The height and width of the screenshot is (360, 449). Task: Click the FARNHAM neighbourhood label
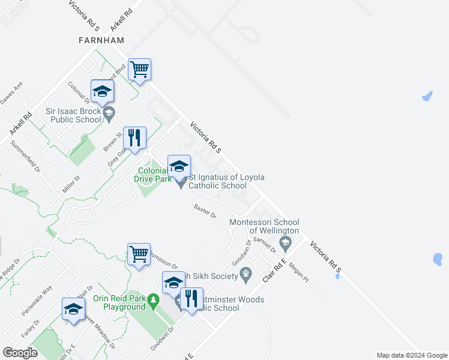click(x=101, y=40)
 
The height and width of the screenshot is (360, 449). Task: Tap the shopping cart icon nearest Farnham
click(x=139, y=70)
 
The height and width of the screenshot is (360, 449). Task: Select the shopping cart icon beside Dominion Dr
click(x=139, y=253)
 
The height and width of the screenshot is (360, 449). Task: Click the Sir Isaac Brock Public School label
click(x=74, y=115)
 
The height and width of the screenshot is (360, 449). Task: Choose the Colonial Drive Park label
click(x=153, y=175)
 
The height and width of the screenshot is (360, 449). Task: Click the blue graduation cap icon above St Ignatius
click(x=179, y=166)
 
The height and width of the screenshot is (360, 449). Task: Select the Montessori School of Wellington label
click(x=264, y=227)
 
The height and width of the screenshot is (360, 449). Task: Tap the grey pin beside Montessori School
click(x=285, y=243)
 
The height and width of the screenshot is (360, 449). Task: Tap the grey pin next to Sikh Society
click(x=246, y=275)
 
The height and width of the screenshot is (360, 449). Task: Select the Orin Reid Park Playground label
click(x=119, y=302)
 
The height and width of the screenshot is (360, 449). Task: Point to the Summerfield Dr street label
click(x=25, y=157)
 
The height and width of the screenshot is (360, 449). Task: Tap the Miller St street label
click(x=71, y=184)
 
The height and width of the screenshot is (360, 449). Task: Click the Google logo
click(x=20, y=353)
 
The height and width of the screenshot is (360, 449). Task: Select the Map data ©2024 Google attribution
click(x=412, y=355)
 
